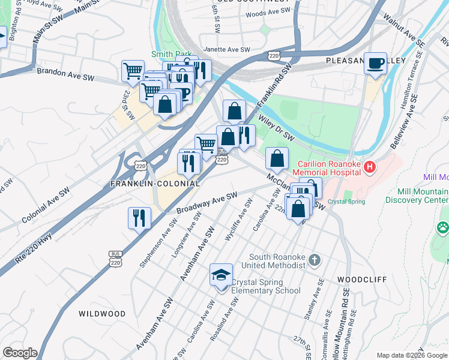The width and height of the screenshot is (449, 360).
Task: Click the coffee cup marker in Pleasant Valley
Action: coord(376,64)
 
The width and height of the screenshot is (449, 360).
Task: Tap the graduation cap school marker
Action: coord(221,275)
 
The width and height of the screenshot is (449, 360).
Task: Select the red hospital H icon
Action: coord(370,166)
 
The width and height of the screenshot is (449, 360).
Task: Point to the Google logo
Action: coord(20,353)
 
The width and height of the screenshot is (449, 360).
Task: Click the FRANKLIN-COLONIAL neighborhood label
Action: coord(154,182)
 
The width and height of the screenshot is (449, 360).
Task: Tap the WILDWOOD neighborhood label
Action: coord(102,314)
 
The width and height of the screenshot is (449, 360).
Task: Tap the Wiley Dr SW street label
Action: coord(279,127)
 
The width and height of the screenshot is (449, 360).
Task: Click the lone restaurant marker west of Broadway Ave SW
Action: coord(139,218)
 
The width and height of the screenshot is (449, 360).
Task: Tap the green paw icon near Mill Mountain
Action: coord(443,227)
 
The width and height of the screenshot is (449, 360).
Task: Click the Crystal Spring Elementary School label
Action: coord(266,286)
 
